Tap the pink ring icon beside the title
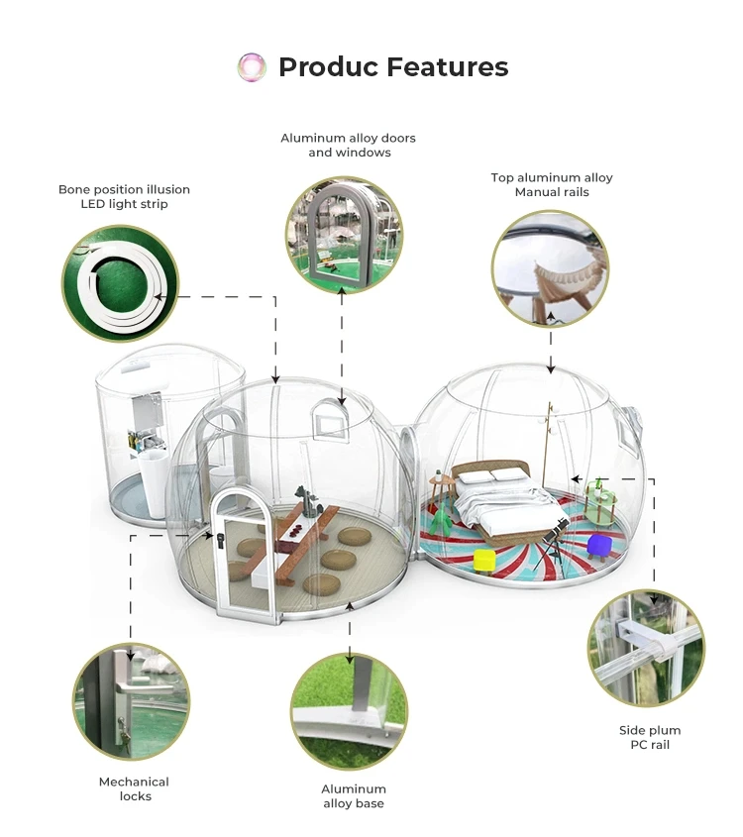(253, 67)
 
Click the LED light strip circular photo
(120, 283)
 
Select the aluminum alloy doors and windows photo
(344, 236)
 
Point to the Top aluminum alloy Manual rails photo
(550, 268)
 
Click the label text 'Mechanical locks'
(134, 788)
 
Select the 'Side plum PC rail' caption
(650, 737)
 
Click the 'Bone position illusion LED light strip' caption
(124, 196)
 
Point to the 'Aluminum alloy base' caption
(353, 796)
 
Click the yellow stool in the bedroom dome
(484, 560)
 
